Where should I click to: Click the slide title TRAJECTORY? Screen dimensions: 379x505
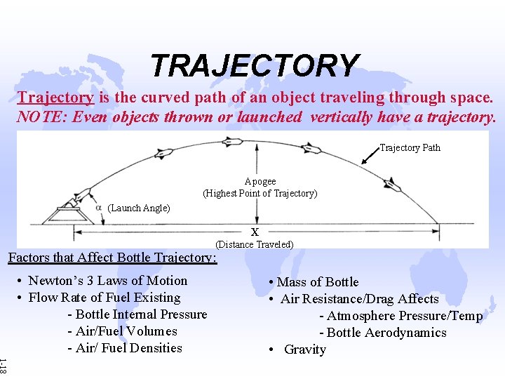click(254, 66)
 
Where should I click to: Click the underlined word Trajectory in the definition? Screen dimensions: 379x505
click(55, 98)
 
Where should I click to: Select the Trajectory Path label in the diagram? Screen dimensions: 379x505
click(410, 147)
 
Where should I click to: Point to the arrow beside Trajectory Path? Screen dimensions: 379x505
click(369, 156)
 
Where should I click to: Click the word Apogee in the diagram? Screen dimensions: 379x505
click(260, 181)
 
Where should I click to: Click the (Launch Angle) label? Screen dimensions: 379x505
click(139, 208)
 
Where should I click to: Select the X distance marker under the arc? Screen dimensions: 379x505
click(255, 232)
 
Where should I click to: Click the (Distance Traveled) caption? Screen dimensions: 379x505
click(254, 244)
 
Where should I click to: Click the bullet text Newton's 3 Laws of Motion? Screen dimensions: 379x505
click(107, 281)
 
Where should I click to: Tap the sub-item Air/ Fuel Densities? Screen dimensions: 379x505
click(124, 348)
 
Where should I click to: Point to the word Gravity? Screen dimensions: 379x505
click(305, 350)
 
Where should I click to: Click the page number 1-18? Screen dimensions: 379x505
click(4, 365)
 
